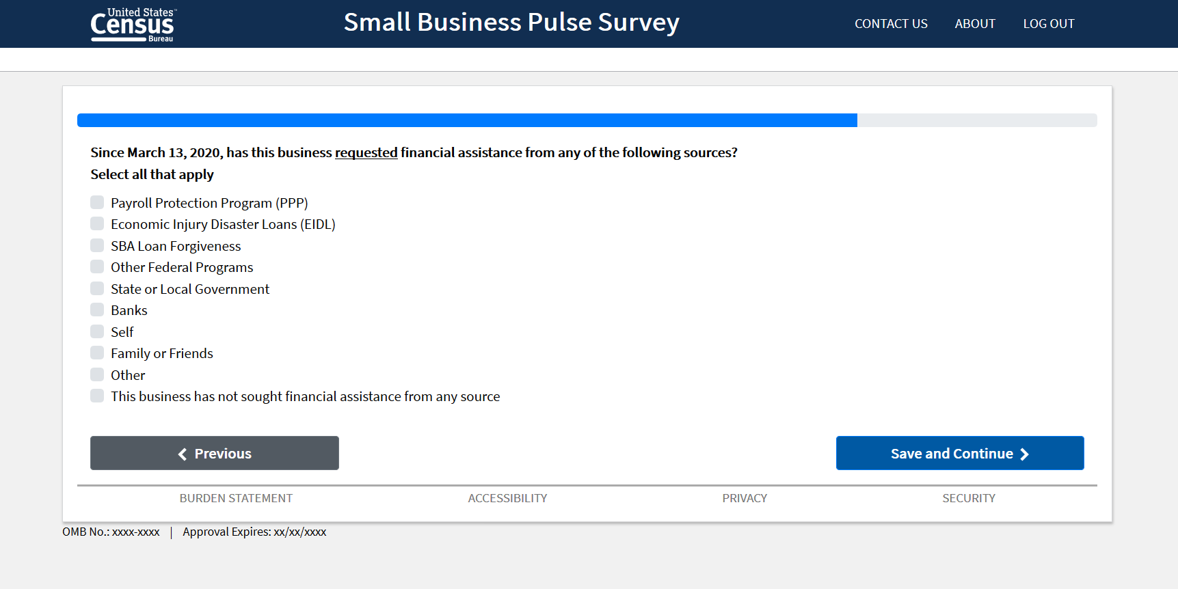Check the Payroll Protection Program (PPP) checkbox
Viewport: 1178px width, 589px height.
pos(97,202)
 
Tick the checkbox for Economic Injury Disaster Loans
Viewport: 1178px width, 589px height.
pos(97,224)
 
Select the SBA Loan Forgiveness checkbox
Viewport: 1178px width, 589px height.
pos(97,245)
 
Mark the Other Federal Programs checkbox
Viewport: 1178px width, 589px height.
pos(97,267)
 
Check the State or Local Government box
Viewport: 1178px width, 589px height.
pos(97,288)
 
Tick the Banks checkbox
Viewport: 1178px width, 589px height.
pos(97,310)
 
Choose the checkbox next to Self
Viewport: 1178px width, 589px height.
pos(97,331)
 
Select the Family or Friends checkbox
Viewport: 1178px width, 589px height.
pos(97,353)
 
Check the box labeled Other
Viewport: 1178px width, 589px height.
pos(97,374)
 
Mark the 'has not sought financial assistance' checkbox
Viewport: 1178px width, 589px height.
pos(97,396)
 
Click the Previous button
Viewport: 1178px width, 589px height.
pos(214,453)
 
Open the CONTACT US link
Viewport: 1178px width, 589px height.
pos(891,24)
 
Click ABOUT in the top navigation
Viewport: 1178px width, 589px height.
pos(975,24)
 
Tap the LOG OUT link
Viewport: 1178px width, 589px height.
pos(1049,24)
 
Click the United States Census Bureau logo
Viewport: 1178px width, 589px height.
pos(133,24)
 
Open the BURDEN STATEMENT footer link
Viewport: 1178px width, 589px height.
pos(236,499)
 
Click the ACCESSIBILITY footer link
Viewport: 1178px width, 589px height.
pos(507,499)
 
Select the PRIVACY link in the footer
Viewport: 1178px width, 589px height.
pos(745,499)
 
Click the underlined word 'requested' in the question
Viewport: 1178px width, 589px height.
pos(366,152)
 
